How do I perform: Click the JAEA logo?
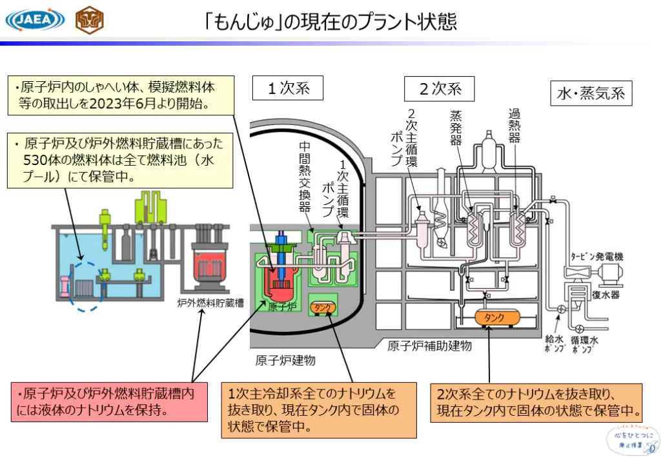(x=35, y=20)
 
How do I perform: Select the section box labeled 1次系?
(x=289, y=88)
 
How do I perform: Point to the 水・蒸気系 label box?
(x=591, y=93)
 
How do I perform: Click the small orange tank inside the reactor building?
(x=323, y=307)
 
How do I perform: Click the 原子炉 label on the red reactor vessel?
(x=282, y=307)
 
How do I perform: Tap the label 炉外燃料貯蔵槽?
(x=209, y=302)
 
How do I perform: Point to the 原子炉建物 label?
(x=285, y=360)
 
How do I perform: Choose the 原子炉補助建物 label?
(x=429, y=346)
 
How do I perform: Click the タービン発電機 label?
(x=596, y=257)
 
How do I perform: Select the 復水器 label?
(x=606, y=295)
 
